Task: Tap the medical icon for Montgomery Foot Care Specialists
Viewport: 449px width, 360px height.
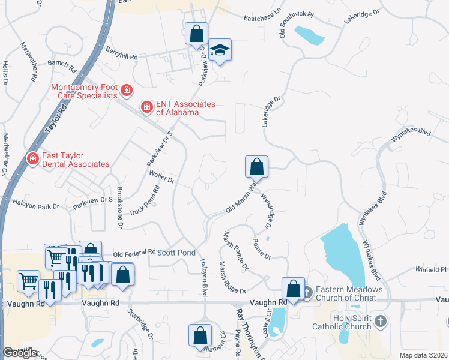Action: tap(126, 91)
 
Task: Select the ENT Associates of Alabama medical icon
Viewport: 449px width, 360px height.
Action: tap(146, 107)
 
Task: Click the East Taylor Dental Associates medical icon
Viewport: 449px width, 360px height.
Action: tap(32, 158)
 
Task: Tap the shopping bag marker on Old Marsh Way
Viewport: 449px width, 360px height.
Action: tap(256, 166)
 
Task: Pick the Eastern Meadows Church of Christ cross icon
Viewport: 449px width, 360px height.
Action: tap(307, 292)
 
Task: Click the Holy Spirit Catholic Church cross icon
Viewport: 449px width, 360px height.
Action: tap(379, 322)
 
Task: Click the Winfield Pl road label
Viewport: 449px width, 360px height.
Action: tap(427, 270)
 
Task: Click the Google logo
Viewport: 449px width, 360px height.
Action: tap(20, 353)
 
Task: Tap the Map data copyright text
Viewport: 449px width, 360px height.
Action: tap(424, 355)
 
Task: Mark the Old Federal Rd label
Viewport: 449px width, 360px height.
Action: tap(134, 253)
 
